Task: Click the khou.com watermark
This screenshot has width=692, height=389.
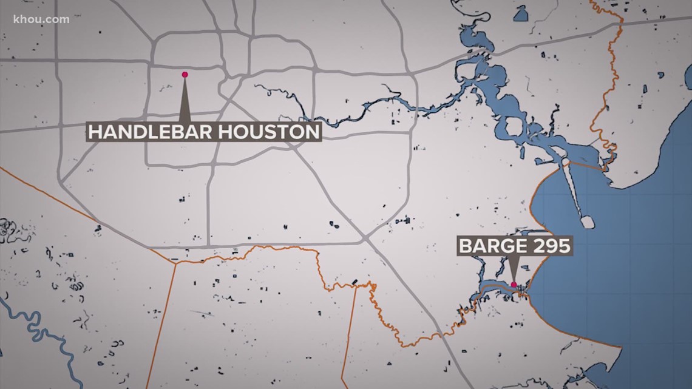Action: [x=41, y=19]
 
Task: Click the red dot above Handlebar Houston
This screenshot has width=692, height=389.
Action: [x=185, y=75]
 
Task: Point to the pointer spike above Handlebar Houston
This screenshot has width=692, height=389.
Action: [x=185, y=100]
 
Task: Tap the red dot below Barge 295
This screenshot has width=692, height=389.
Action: [x=514, y=284]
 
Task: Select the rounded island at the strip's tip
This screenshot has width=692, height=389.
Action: [x=588, y=220]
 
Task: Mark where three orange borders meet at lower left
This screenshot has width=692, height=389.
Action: [x=175, y=262]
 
